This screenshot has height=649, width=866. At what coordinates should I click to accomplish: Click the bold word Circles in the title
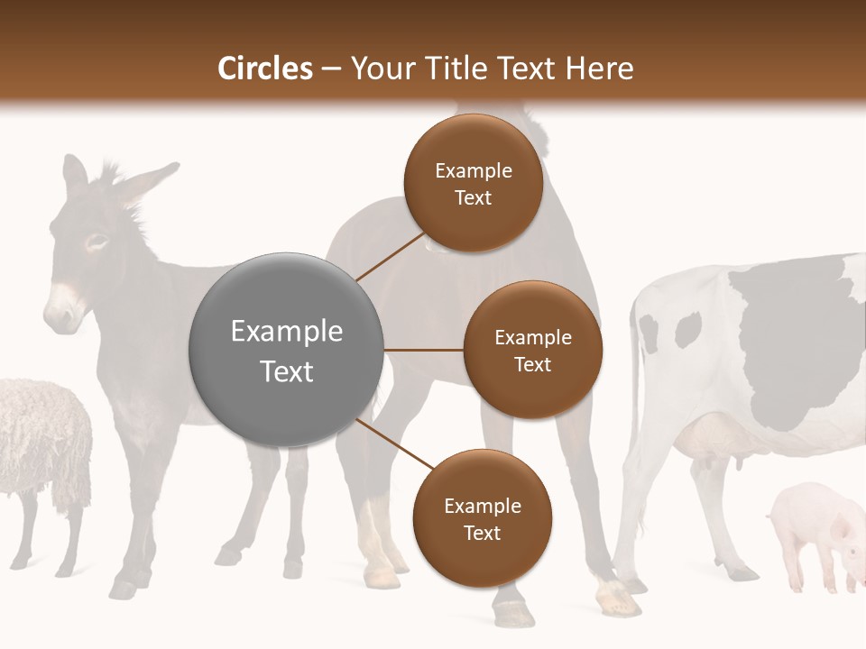(265, 69)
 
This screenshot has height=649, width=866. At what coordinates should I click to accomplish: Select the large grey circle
(286, 350)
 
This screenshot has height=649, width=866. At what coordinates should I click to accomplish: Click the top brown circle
(473, 184)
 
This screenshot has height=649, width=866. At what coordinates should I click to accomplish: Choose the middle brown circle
(532, 350)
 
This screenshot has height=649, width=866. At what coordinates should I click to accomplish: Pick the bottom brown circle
(482, 519)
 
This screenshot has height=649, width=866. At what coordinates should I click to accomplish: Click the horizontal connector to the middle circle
(423, 350)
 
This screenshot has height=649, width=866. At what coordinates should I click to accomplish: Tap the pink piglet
(812, 532)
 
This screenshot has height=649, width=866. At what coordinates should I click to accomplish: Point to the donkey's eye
(97, 242)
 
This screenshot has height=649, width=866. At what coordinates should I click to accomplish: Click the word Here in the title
(601, 69)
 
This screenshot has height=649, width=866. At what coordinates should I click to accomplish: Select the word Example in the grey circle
(286, 331)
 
